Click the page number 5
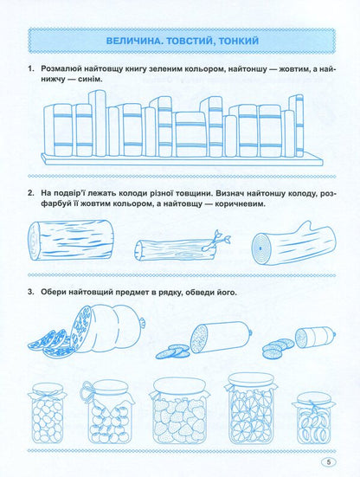click(x=328, y=461)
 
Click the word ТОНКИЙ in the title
click(x=238, y=41)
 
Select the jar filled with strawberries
click(x=180, y=410)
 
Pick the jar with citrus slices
click(x=251, y=409)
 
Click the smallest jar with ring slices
click(x=314, y=418)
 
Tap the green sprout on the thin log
click(x=221, y=237)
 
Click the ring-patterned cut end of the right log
click(x=260, y=248)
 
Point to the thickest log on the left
click(x=71, y=240)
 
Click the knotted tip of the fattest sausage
click(x=141, y=322)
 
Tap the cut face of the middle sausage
click(x=199, y=338)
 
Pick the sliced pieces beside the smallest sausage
click(x=278, y=349)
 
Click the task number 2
click(x=30, y=193)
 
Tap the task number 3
click(x=30, y=292)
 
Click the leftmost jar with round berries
click(x=47, y=413)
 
